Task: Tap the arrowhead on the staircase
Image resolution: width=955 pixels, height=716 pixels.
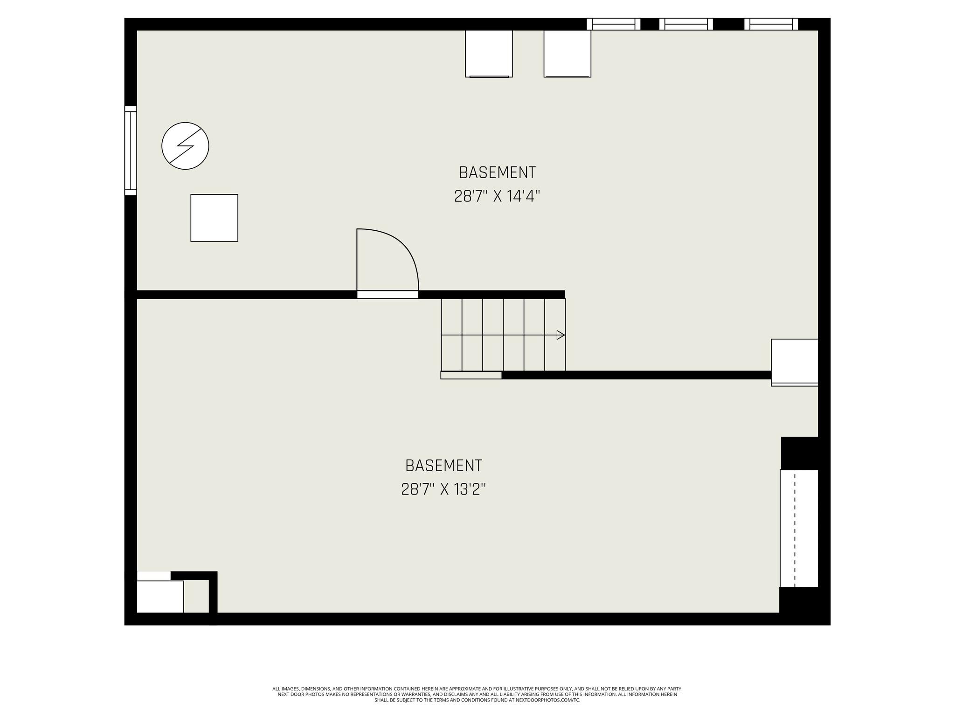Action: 561,335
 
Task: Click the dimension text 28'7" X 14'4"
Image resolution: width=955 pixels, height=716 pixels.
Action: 497,196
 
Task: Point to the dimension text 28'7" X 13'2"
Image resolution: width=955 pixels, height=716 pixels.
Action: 443,489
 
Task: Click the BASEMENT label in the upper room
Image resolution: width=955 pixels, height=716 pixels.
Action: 497,172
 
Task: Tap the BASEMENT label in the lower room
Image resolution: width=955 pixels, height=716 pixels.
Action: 443,466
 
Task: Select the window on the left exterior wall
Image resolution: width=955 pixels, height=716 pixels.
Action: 131,151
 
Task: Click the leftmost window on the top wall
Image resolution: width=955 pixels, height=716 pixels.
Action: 613,24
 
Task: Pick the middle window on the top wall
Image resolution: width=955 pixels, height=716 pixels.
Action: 686,24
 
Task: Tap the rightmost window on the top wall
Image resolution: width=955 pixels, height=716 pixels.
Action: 771,24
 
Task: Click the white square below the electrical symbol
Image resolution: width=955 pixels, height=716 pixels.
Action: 215,218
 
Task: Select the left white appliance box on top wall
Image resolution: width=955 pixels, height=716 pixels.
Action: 489,54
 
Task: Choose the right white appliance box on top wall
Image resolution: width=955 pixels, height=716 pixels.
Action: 567,54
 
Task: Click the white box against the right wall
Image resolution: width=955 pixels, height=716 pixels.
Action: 795,362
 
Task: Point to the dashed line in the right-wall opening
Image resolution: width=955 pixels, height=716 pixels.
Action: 795,529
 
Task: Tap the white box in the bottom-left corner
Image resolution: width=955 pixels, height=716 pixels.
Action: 160,597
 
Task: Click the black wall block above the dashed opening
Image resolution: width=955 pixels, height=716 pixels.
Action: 799,453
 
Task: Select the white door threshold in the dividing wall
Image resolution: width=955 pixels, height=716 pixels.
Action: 388,295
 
